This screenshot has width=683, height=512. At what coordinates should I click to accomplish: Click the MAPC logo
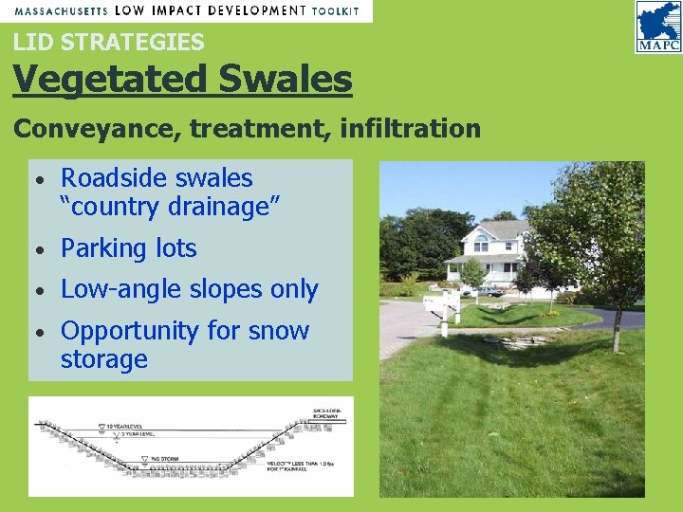[658, 27]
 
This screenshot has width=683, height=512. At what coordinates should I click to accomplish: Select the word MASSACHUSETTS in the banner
[60, 10]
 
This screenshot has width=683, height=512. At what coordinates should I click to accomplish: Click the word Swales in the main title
[286, 80]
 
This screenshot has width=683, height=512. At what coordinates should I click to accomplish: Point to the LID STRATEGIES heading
[108, 42]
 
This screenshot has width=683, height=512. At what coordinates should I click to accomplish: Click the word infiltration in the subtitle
[409, 129]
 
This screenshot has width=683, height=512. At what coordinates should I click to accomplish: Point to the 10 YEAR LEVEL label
[123, 428]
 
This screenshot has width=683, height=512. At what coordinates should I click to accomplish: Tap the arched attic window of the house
[482, 245]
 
